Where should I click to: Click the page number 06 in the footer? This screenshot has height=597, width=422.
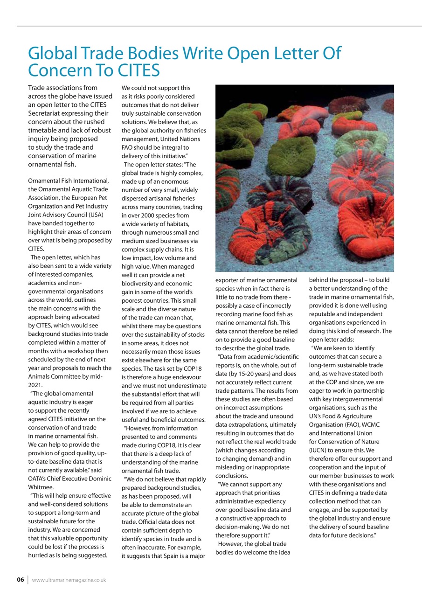coord(20,580)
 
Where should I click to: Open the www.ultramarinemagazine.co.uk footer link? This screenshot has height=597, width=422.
coord(69,580)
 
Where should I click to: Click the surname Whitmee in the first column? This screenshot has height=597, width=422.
coord(41,487)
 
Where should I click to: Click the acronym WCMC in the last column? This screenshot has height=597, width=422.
coord(371,424)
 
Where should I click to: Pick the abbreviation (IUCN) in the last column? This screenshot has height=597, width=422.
coord(319,450)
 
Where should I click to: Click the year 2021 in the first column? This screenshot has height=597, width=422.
coord(35,385)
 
